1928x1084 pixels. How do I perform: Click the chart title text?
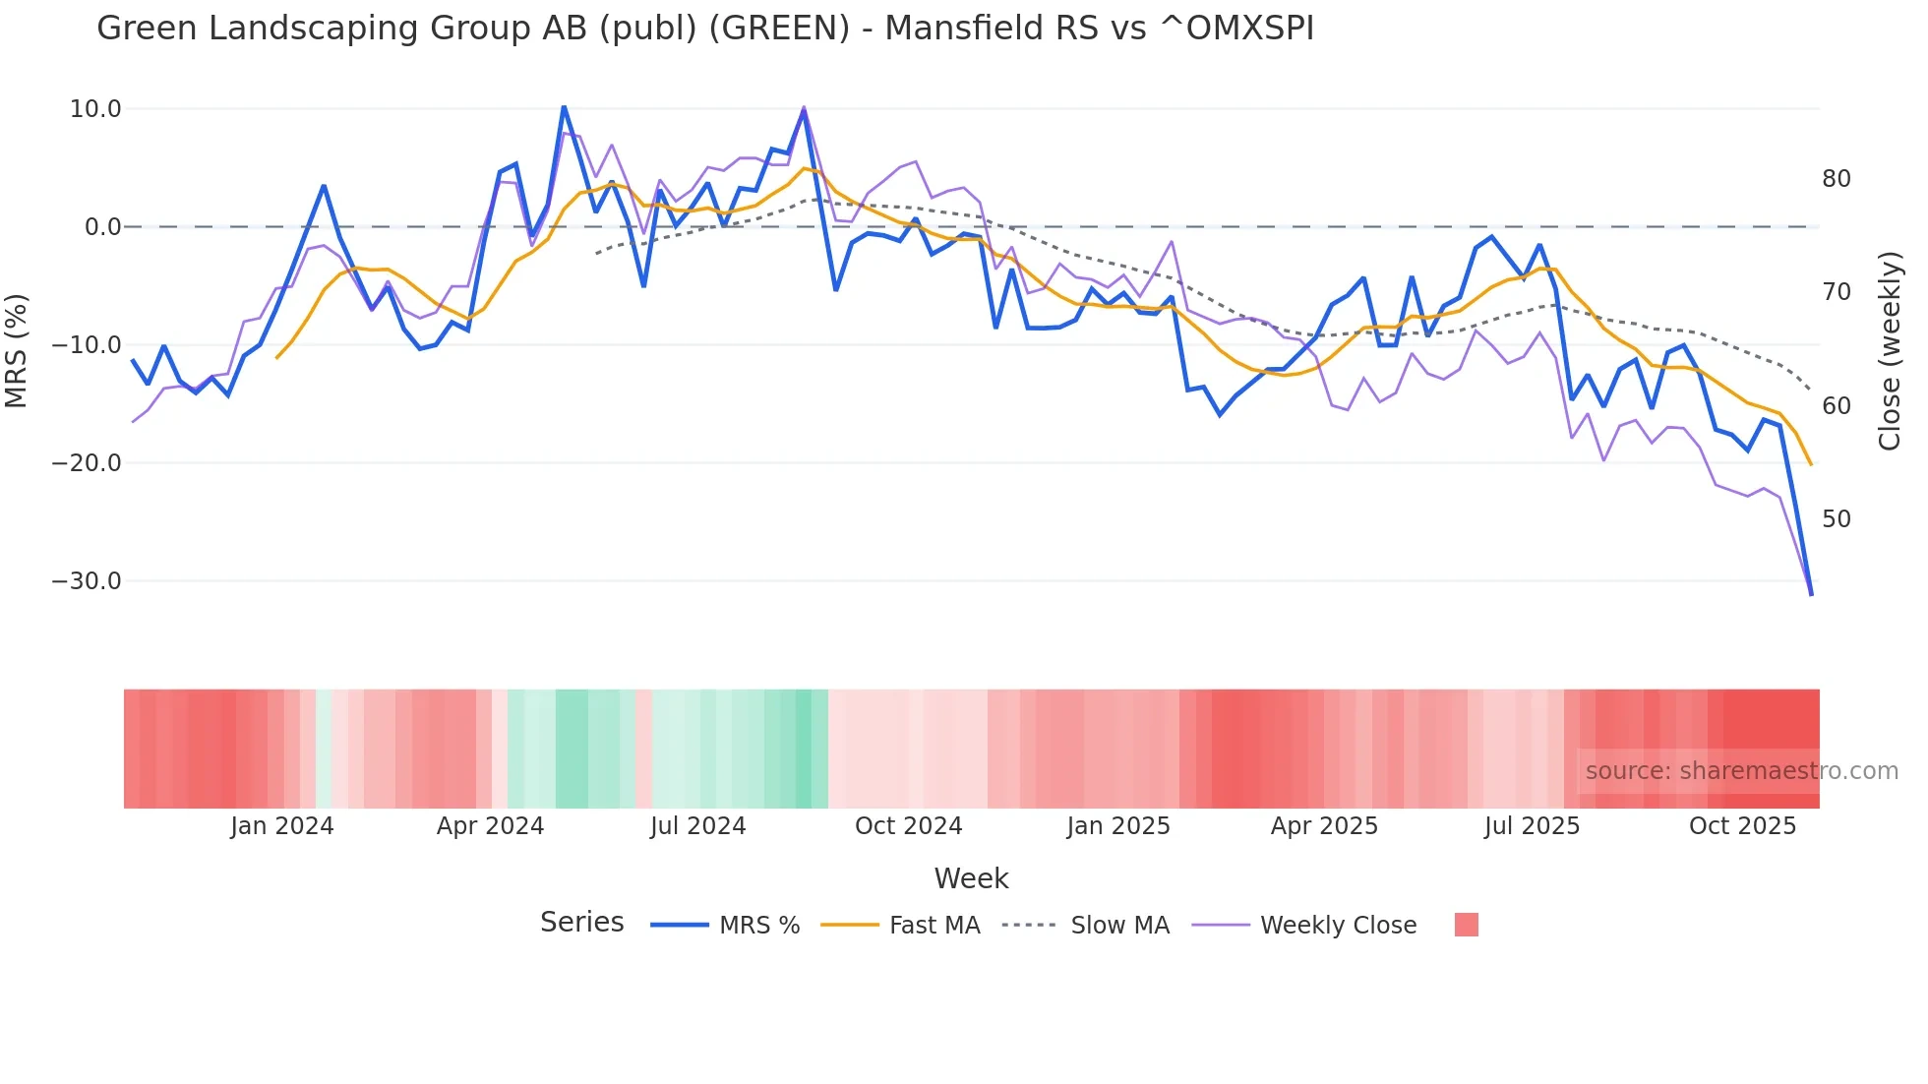[x=704, y=29]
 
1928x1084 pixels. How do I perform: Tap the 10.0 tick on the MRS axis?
[x=95, y=109]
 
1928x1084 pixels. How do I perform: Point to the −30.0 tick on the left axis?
[x=87, y=581]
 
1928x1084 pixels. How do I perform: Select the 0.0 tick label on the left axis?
[x=102, y=227]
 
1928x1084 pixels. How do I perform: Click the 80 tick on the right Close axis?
[x=1836, y=179]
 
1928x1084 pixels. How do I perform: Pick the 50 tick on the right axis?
[x=1836, y=519]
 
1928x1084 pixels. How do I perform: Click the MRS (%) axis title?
[x=17, y=350]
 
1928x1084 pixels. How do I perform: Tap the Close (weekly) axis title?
[x=1889, y=351]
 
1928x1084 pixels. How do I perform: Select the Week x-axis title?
[x=971, y=878]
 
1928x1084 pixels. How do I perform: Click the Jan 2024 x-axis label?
[x=282, y=826]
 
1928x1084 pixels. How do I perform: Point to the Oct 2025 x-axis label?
[x=1742, y=826]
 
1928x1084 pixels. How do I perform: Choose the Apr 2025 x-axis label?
[x=1324, y=826]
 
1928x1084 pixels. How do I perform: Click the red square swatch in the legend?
[x=1466, y=925]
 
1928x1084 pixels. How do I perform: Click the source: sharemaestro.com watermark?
[x=1741, y=771]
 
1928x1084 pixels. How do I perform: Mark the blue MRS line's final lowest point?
[x=1811, y=594]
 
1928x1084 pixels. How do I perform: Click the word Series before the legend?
[x=581, y=923]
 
